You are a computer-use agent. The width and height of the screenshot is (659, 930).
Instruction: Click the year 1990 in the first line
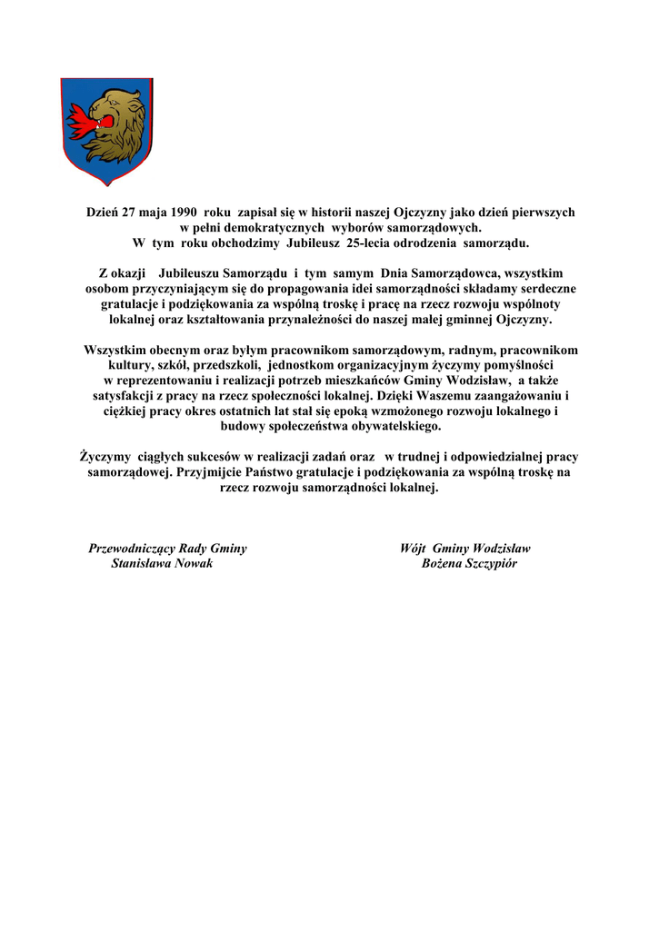click(180, 212)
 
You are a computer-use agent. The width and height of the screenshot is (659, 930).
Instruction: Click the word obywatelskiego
click(391, 426)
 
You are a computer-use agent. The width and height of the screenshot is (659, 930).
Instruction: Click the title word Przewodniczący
click(131, 549)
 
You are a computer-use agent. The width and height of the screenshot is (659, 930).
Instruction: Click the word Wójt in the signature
click(414, 549)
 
